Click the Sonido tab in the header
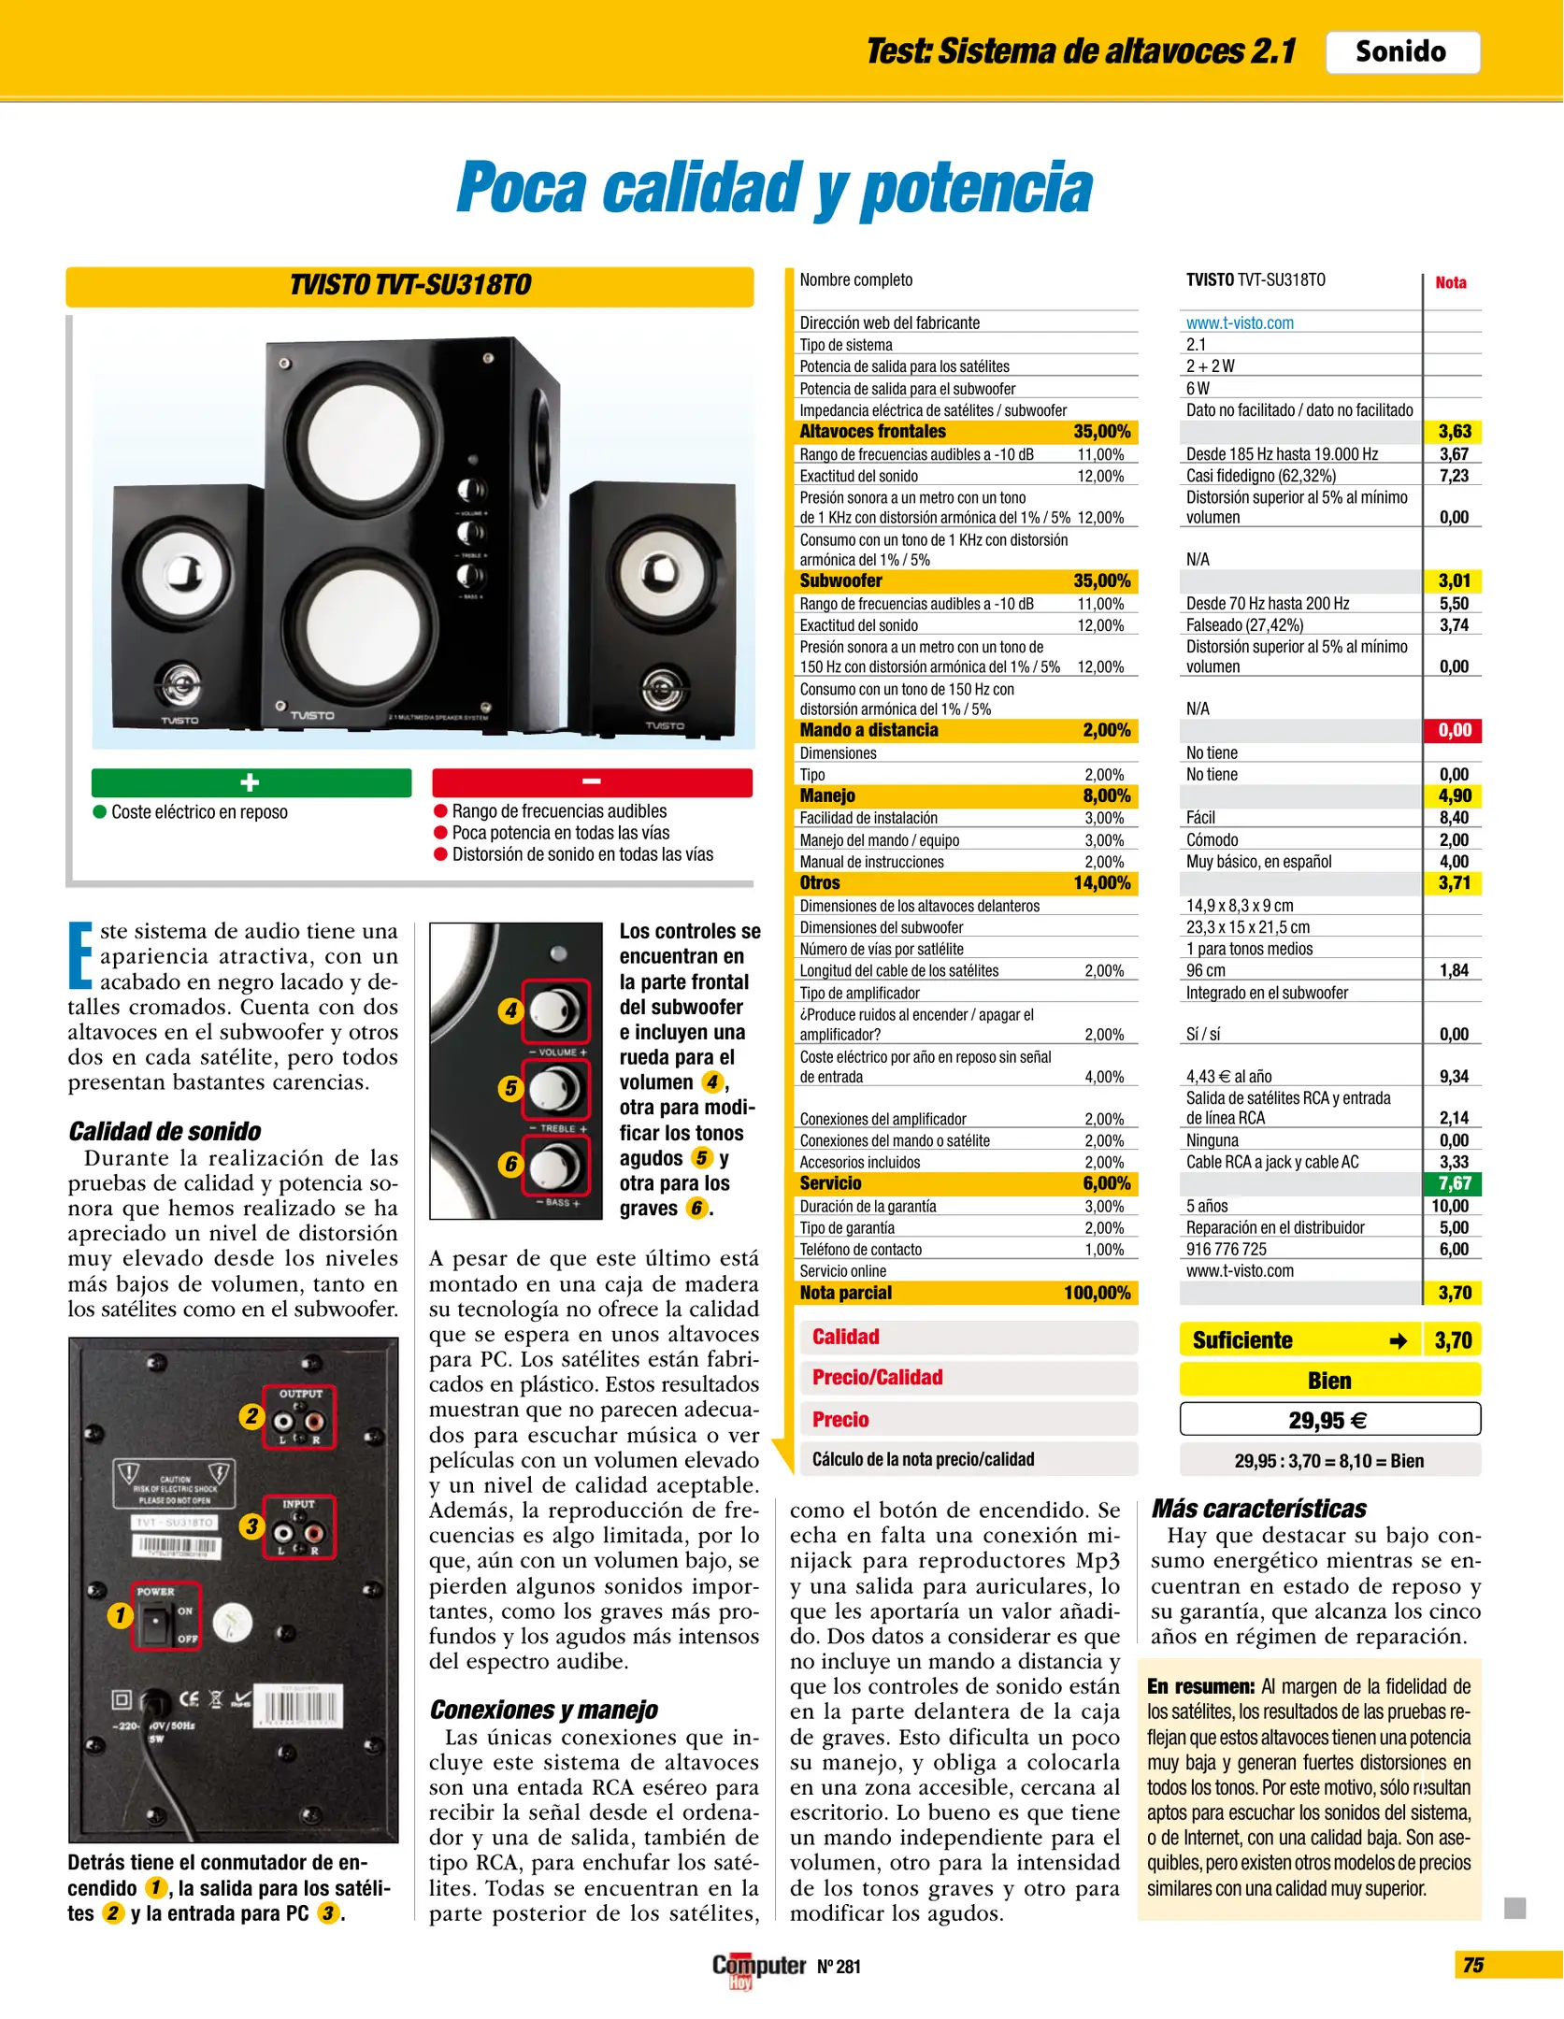pos(1401,52)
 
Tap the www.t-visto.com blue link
pos(1240,323)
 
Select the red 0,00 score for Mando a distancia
pos(1454,731)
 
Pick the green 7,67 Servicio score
pos(1454,1183)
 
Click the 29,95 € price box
pos(1328,1421)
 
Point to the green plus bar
pos(251,782)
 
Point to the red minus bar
pos(592,782)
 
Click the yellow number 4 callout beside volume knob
pos(510,1009)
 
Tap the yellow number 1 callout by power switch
pos(120,1615)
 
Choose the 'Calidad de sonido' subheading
pos(165,1132)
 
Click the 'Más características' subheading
pos(1258,1509)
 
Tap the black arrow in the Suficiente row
pos(1399,1341)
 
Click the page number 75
pos(1473,1965)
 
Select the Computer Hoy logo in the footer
pos(758,1969)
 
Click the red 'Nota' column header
pos(1451,282)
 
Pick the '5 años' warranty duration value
pos(1207,1206)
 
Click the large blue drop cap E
pos(80,955)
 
